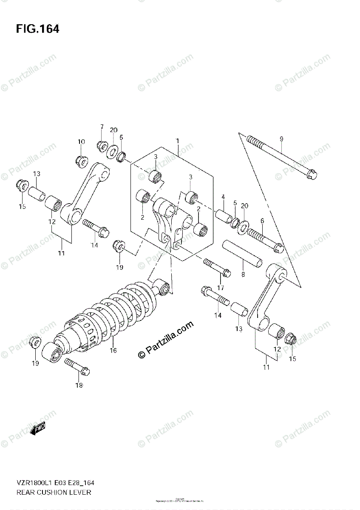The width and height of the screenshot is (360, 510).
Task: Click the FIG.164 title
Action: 37,29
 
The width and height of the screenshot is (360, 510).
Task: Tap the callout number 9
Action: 281,139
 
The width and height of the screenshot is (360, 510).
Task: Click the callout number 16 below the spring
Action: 113,351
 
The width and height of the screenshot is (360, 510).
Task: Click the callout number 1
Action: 178,141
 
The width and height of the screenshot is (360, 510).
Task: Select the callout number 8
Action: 243,275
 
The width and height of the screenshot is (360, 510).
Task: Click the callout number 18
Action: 79,385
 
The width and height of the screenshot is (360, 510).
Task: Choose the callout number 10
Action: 81,142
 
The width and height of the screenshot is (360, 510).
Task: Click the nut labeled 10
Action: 81,160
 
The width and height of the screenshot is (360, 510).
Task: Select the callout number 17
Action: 220,288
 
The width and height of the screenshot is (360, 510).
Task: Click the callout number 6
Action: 262,220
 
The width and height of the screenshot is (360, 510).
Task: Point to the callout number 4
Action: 222,196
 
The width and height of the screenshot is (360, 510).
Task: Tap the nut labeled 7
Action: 102,145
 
